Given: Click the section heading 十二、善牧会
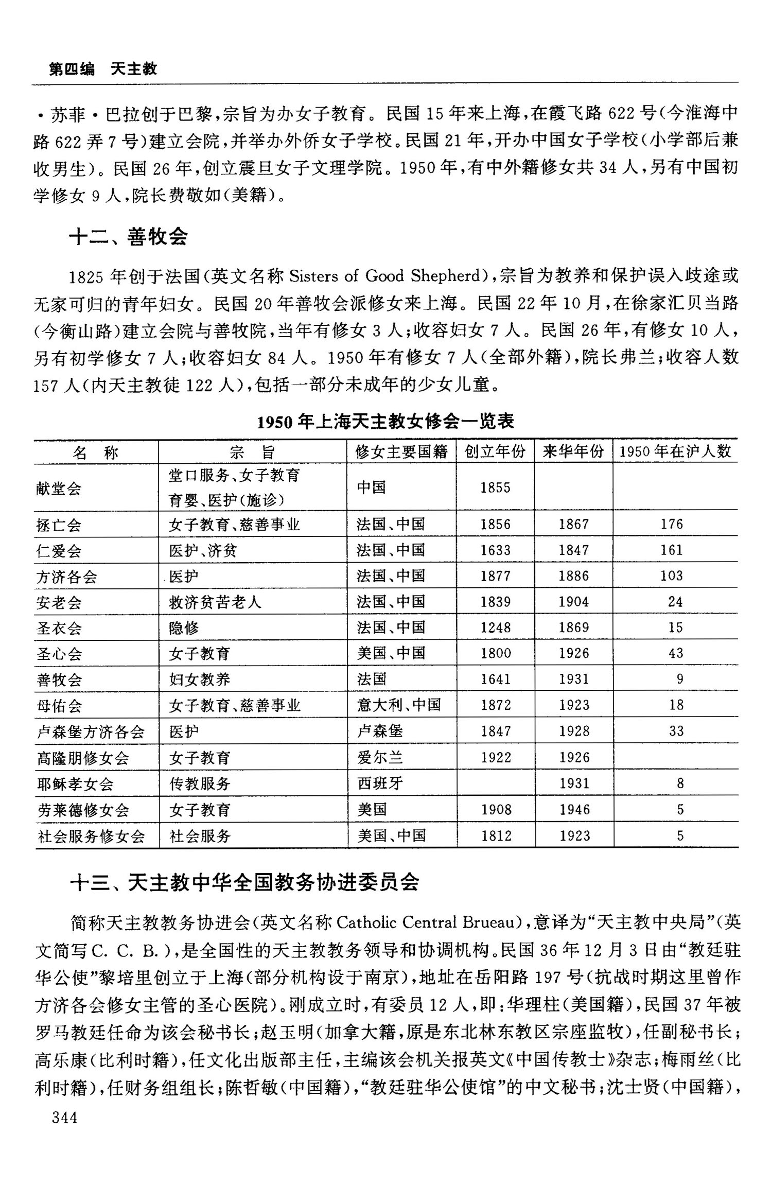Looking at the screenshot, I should [x=128, y=236].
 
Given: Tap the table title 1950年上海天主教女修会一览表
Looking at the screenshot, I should [x=385, y=422].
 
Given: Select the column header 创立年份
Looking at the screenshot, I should [x=495, y=451].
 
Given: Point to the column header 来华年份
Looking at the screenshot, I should [x=573, y=451].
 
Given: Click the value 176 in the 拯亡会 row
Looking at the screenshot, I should [x=672, y=524].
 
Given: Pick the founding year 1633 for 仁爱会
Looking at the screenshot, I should [x=495, y=550].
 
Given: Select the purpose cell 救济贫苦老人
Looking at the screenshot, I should [x=215, y=602].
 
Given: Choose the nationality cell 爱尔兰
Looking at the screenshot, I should [x=380, y=757].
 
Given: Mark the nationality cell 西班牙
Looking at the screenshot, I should [x=380, y=783].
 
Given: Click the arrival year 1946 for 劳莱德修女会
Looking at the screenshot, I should [x=574, y=810].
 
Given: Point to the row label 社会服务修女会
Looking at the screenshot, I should [x=91, y=836].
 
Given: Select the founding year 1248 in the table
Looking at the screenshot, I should [x=496, y=627].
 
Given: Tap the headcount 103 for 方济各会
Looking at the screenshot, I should [x=672, y=575].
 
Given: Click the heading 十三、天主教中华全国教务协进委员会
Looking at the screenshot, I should [x=245, y=882].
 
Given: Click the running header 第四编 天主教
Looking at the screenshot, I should [x=103, y=69].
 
